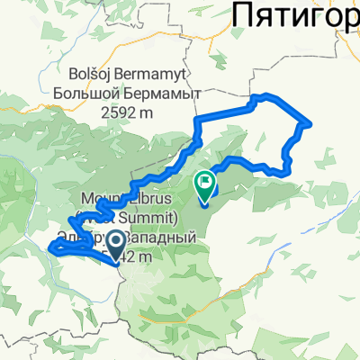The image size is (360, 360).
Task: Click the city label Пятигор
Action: click(x=297, y=15)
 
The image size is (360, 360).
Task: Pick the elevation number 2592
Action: click(x=125, y=112)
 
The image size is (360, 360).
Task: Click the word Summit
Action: click(x=179, y=219)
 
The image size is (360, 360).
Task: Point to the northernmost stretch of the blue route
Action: click(x=261, y=96)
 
